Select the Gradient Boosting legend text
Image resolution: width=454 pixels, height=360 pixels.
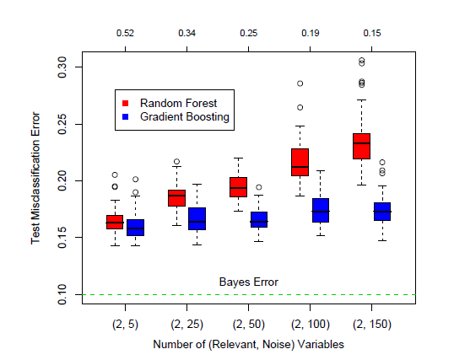tap(185, 117)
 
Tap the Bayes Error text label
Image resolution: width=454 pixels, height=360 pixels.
tap(248, 282)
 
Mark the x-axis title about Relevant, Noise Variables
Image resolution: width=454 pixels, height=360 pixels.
tap(248, 345)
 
